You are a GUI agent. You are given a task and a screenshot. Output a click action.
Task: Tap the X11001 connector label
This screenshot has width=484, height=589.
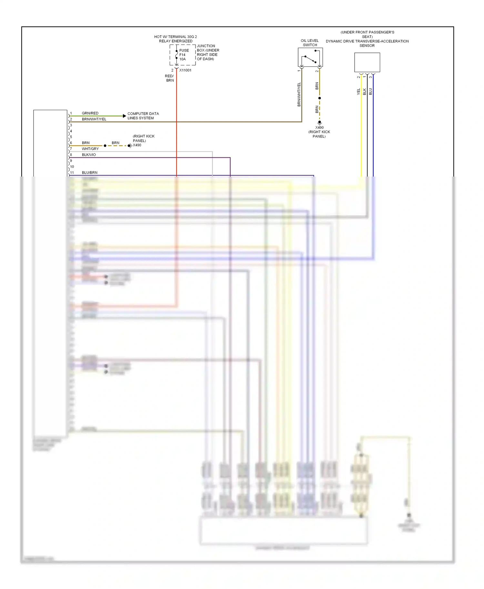(185, 70)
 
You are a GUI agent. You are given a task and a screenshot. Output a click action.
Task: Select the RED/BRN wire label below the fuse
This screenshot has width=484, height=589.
(170, 78)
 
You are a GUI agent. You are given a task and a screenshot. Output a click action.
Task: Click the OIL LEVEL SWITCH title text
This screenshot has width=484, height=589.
(309, 43)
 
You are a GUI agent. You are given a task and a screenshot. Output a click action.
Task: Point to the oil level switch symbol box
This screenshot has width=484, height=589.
(310, 57)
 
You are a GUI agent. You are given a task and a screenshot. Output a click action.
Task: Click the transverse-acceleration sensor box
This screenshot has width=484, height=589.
(367, 62)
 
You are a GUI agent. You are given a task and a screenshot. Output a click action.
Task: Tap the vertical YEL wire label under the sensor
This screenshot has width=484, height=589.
(358, 92)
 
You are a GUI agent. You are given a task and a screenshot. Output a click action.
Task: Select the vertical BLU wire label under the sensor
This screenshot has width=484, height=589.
(370, 92)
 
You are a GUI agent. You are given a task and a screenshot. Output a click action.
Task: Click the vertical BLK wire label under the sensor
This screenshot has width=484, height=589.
(364, 92)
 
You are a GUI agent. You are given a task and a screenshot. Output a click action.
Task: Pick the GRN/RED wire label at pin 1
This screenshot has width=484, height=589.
(90, 113)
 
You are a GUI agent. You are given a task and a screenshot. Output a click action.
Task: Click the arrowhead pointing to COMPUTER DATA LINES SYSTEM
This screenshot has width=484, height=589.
(125, 116)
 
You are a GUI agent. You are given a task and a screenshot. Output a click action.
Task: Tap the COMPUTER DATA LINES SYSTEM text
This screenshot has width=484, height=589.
(143, 116)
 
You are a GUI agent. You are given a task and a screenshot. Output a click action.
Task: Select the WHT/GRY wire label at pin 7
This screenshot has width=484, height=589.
(90, 149)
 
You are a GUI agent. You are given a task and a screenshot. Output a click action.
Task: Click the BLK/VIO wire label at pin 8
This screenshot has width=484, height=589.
(89, 155)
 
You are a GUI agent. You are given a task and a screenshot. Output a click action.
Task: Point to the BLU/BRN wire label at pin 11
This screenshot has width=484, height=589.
(89, 173)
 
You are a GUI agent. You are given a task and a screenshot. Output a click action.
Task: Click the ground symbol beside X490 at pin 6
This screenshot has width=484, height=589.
(129, 146)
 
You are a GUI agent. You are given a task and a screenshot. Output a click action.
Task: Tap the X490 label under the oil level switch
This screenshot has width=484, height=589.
(319, 128)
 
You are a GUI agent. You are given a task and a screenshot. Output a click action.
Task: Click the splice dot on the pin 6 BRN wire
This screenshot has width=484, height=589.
(105, 146)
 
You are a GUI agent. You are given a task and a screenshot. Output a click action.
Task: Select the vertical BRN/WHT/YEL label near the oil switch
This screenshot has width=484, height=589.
(299, 94)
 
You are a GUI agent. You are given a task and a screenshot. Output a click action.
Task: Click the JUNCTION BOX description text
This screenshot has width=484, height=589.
(208, 53)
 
